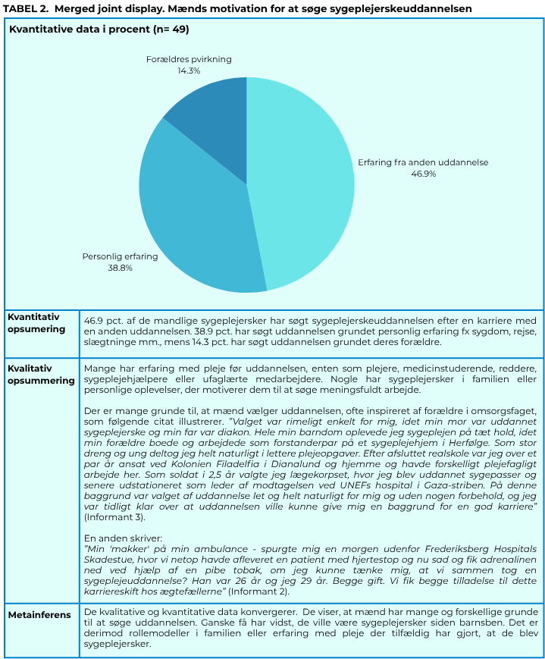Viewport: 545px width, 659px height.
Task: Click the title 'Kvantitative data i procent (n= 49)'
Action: click(x=99, y=30)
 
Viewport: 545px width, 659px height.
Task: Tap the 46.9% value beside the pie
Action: click(x=423, y=174)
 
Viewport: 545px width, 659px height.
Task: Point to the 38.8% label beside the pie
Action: click(x=120, y=268)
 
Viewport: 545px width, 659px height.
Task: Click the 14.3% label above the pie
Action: click(x=189, y=71)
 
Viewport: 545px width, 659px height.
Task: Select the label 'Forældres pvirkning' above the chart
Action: click(x=189, y=59)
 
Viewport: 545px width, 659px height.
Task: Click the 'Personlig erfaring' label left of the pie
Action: click(x=120, y=256)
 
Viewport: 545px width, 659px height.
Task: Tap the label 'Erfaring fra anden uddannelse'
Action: click(x=423, y=162)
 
